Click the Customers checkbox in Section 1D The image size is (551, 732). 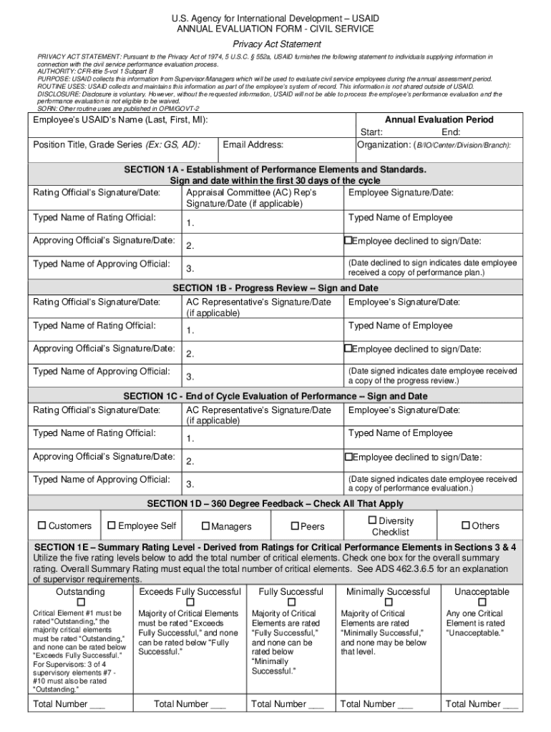pyautogui.click(x=42, y=526)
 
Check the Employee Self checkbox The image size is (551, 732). pyautogui.click(x=111, y=526)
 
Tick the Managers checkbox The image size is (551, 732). pyautogui.click(x=205, y=527)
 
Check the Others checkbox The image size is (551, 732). pyautogui.click(x=466, y=526)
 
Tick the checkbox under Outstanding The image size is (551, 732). pyautogui.click(x=79, y=603)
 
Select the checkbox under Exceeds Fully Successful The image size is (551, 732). pyautogui.click(x=190, y=603)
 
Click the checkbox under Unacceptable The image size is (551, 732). pyautogui.click(x=482, y=603)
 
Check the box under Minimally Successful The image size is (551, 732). pyautogui.click(x=388, y=603)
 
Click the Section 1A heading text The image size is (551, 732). pyautogui.click(x=275, y=169)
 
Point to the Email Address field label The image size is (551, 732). pyautogui.click(x=253, y=145)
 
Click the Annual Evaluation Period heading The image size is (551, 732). pyautogui.click(x=439, y=120)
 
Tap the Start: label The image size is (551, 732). pyautogui.click(x=371, y=132)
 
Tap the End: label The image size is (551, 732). pyautogui.click(x=450, y=132)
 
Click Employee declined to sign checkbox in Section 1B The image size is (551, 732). pyautogui.click(x=348, y=349)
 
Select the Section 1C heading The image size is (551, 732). pyautogui.click(x=275, y=396)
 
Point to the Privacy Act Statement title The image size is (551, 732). pyautogui.click(x=275, y=44)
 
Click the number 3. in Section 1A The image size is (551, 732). pyautogui.click(x=190, y=269)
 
